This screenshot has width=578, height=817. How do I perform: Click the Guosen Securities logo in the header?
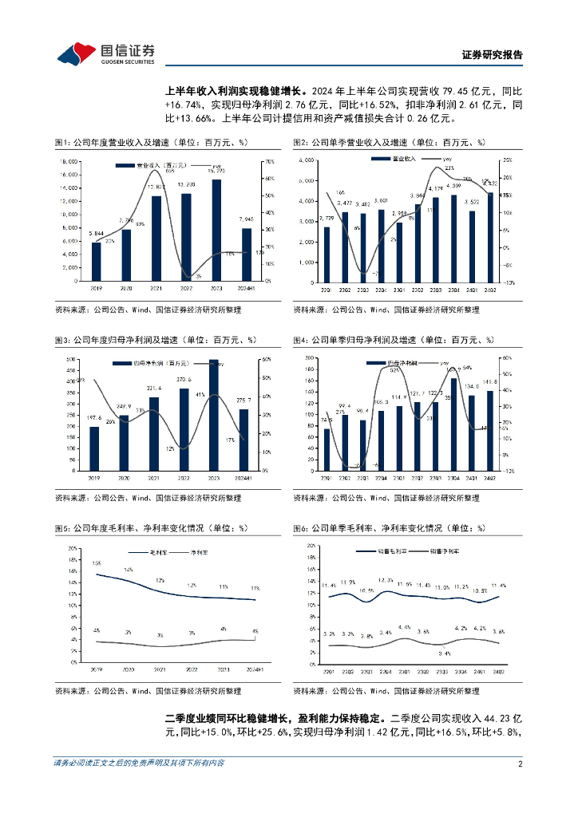(106, 52)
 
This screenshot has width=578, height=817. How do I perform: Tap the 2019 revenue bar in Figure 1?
(97, 261)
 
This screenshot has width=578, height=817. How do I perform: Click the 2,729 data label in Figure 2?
(326, 219)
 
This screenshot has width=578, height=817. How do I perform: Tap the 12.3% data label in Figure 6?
(386, 580)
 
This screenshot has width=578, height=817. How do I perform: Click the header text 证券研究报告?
(493, 55)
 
